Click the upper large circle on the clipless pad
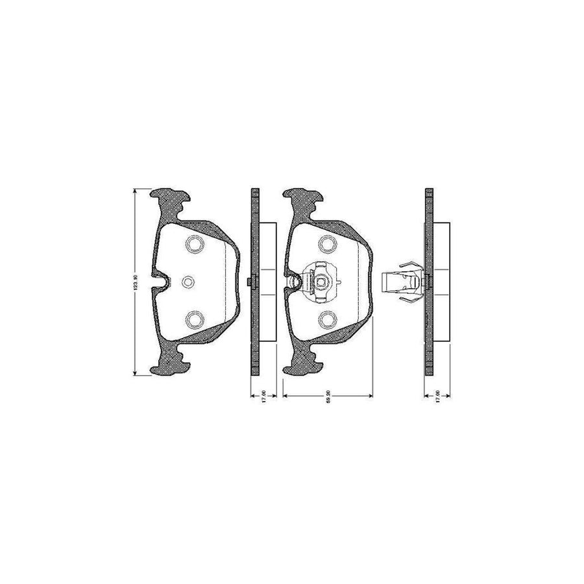(x=194, y=244)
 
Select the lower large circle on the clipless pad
(x=194, y=318)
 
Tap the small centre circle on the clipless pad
(x=188, y=281)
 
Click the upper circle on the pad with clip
(x=327, y=244)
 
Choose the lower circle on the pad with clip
(x=327, y=318)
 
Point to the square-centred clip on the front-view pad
(x=319, y=282)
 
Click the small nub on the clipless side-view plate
(x=250, y=281)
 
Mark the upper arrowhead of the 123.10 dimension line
(x=134, y=191)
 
